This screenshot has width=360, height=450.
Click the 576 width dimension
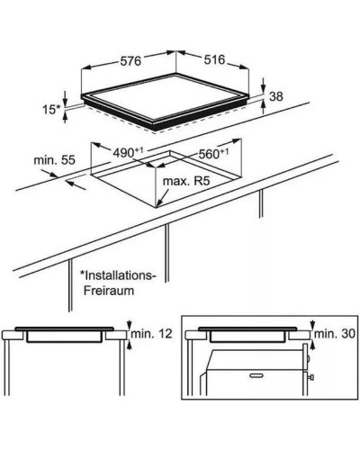click(130, 61)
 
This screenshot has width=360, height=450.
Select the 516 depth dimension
click(214, 59)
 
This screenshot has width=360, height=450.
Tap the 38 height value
click(276, 96)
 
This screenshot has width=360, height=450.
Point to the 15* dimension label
click(51, 110)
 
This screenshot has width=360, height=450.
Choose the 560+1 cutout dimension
click(213, 154)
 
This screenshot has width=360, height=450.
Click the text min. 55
click(54, 160)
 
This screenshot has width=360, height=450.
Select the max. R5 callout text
click(185, 181)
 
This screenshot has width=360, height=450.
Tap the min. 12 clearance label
click(152, 334)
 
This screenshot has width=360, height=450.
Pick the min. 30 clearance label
click(335, 334)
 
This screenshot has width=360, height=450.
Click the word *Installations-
click(118, 275)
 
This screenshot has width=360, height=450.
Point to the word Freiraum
click(109, 291)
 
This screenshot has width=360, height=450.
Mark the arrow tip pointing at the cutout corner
click(157, 207)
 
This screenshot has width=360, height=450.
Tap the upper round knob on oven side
click(308, 358)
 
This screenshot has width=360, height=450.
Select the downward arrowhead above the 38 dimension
click(263, 89)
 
